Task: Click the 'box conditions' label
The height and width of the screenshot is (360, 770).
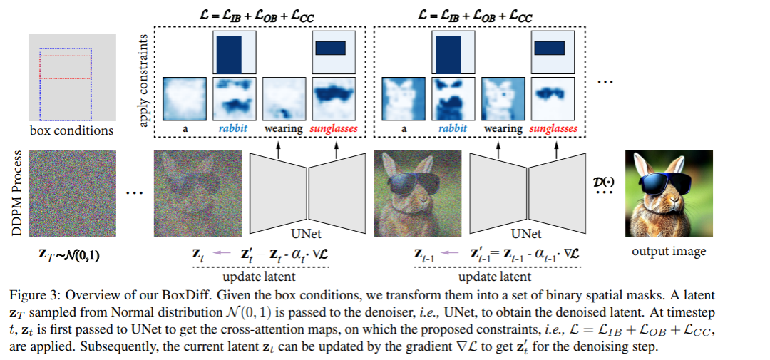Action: coord(71,131)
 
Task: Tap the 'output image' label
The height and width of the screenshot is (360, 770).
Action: coord(669,251)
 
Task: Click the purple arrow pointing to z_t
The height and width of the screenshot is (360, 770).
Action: coord(223,251)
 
